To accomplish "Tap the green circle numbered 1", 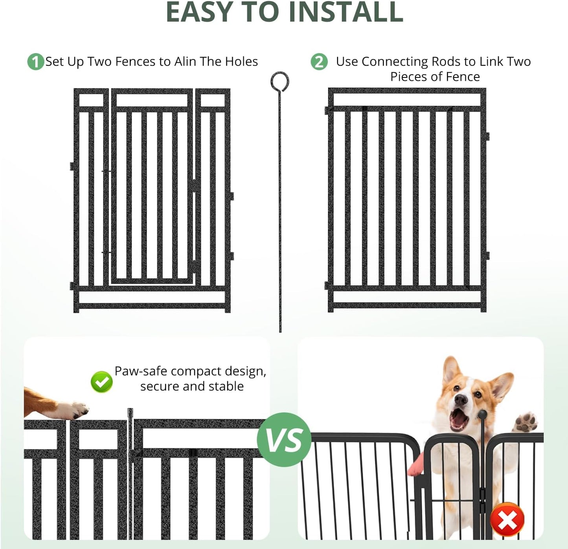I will [x=35, y=62].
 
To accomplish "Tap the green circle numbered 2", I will [x=319, y=62].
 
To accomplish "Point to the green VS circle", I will [x=284, y=439].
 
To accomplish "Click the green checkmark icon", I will [x=101, y=382].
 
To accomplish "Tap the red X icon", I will [x=507, y=520].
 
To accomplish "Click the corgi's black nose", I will [x=460, y=400].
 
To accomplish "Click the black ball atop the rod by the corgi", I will [x=482, y=414].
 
